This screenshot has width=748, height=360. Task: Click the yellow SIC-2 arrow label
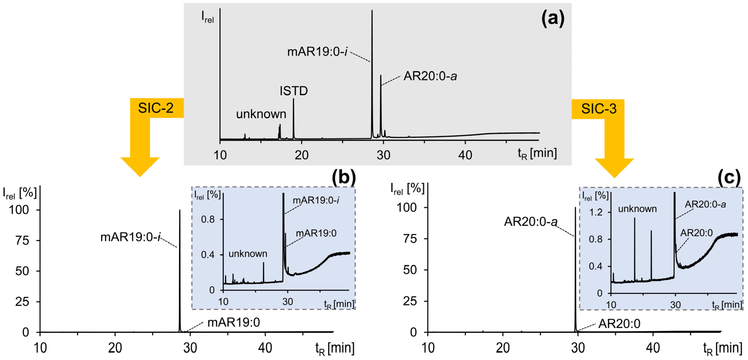(x=156, y=108)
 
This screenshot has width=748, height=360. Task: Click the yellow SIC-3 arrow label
(x=598, y=109)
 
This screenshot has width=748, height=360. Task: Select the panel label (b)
(x=344, y=177)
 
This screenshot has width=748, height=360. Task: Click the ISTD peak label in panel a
(x=294, y=91)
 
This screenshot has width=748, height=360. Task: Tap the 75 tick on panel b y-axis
(x=22, y=240)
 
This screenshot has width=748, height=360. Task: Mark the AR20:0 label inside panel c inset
(x=696, y=233)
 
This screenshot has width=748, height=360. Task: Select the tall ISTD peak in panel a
(x=293, y=116)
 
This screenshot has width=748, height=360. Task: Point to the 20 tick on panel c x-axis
(x=503, y=348)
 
